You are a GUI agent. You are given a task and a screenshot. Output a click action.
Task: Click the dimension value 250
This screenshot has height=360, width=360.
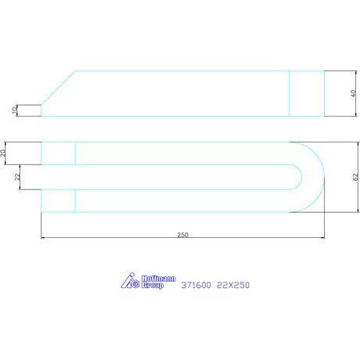[182, 235]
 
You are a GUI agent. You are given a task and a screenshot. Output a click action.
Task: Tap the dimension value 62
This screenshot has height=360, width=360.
[355, 177]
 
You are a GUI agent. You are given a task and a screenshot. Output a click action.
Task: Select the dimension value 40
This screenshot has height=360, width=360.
[353, 93]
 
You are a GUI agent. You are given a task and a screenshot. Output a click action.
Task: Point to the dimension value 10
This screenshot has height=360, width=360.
[15, 110]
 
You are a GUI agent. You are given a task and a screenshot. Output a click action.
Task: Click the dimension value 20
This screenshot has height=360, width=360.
[2, 153]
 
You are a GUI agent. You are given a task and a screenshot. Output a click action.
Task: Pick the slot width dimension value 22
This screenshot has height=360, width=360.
[17, 177]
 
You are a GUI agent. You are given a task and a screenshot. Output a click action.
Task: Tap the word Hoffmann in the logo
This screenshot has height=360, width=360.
[159, 279]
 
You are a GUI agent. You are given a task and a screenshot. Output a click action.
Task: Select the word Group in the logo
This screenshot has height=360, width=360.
[153, 285]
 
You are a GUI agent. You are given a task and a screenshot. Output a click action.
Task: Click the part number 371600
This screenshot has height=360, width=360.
[196, 285]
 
